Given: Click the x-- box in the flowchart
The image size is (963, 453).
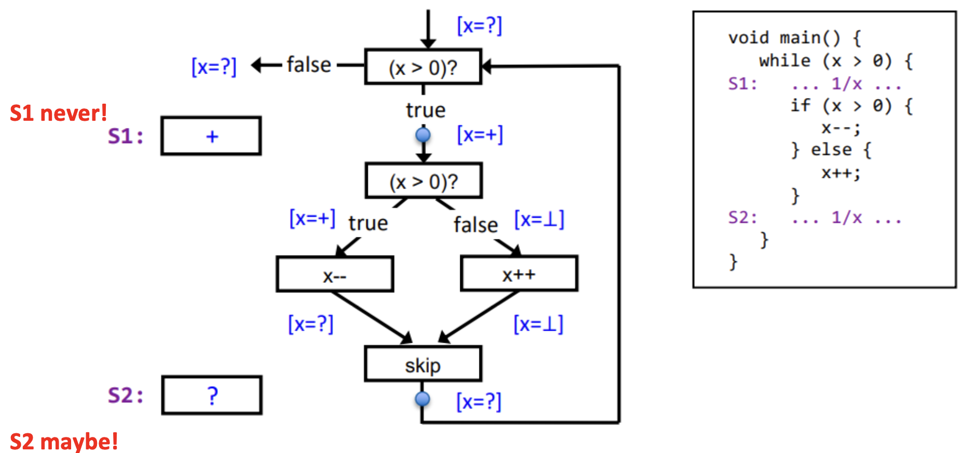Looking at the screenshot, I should pyautogui.click(x=335, y=274).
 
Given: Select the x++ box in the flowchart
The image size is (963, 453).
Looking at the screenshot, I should pyautogui.click(x=519, y=274).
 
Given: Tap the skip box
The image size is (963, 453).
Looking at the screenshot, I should pyautogui.click(x=423, y=364).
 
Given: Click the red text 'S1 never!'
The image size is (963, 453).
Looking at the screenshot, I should pyautogui.click(x=58, y=113).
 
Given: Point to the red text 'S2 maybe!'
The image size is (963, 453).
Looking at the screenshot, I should pyautogui.click(x=64, y=441).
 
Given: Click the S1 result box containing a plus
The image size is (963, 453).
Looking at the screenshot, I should pyautogui.click(x=211, y=136).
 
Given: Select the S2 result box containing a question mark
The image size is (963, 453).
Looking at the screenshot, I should pyautogui.click(x=212, y=395).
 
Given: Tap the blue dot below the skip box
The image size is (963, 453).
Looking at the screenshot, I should pyautogui.click(x=423, y=399).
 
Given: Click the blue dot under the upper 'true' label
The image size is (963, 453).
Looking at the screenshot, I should pyautogui.click(x=423, y=135).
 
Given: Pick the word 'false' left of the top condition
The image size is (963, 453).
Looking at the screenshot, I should pyautogui.click(x=309, y=65).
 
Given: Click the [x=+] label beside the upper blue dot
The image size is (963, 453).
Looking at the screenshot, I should pyautogui.click(x=480, y=135).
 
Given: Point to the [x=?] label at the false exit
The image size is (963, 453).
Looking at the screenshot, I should pyautogui.click(x=214, y=66).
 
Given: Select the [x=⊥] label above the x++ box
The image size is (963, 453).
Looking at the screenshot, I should pyautogui.click(x=539, y=219).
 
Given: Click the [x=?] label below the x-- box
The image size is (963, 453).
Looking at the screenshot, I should pyautogui.click(x=311, y=324).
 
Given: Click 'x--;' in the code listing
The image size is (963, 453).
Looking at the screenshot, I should pyautogui.click(x=841, y=128).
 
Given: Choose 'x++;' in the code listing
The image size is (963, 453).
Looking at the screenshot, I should pyautogui.click(x=841, y=173).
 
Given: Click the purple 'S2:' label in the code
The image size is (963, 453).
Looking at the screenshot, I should pyautogui.click(x=742, y=217).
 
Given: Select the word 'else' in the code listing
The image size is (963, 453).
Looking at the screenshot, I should pyautogui.click(x=831, y=150).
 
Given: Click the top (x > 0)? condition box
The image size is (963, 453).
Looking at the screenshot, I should pyautogui.click(x=423, y=67).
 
